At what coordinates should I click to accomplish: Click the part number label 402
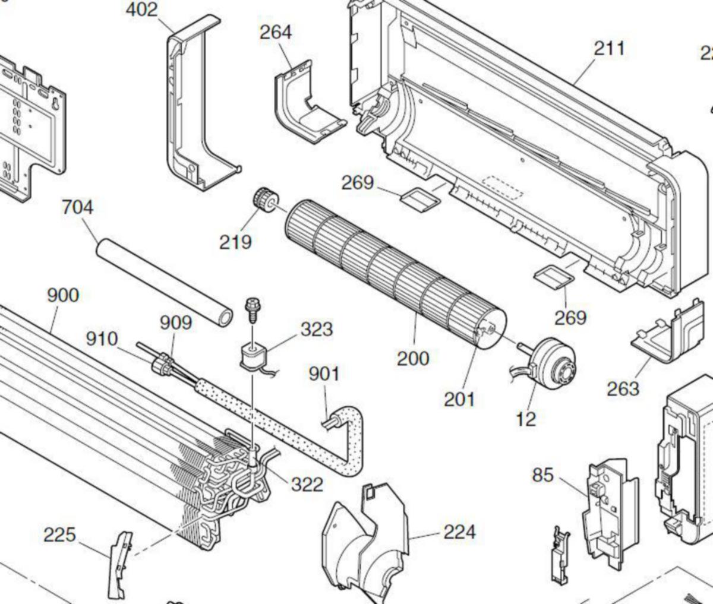click(142, 10)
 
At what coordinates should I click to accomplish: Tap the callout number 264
click(276, 32)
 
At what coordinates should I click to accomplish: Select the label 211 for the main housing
click(610, 48)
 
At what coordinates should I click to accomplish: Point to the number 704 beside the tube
click(77, 208)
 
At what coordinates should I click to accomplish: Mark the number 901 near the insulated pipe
click(324, 374)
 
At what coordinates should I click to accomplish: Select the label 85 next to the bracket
click(542, 475)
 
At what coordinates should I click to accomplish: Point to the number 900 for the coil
click(62, 295)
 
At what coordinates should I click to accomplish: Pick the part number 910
click(102, 339)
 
